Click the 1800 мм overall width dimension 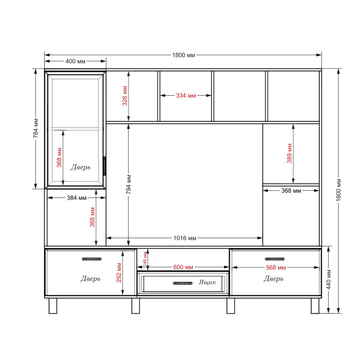[184, 55]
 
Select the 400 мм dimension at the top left [75, 61]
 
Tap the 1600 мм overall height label [338, 190]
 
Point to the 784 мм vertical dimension [35, 129]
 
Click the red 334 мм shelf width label [186, 96]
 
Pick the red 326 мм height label [124, 96]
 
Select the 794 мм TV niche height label [129, 184]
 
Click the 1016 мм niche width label [185, 238]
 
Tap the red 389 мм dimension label [290, 153]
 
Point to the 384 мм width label [77, 197]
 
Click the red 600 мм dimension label [183, 267]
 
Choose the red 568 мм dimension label [276, 267]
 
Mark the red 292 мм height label [119, 273]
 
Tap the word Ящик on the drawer [207, 282]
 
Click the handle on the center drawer [183, 283]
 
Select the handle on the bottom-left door [92, 259]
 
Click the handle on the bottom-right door [275, 259]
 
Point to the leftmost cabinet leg [53, 306]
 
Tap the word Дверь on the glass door [80, 167]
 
